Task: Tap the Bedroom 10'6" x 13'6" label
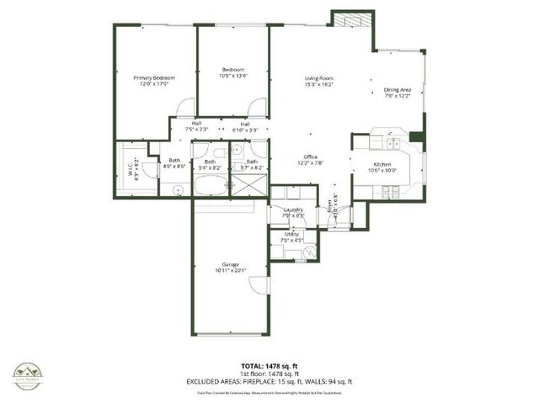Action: pyautogui.click(x=233, y=72)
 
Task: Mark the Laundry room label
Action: pyautogui.click(x=292, y=212)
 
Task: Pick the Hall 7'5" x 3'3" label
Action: pyautogui.click(x=196, y=127)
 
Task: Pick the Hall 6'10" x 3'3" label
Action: pyautogui.click(x=245, y=127)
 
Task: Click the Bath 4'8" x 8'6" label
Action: pyautogui.click(x=174, y=163)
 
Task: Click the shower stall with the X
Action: pyautogui.click(x=252, y=188)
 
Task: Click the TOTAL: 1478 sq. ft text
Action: pyautogui.click(x=269, y=365)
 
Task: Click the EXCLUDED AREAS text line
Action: pyautogui.click(x=269, y=381)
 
